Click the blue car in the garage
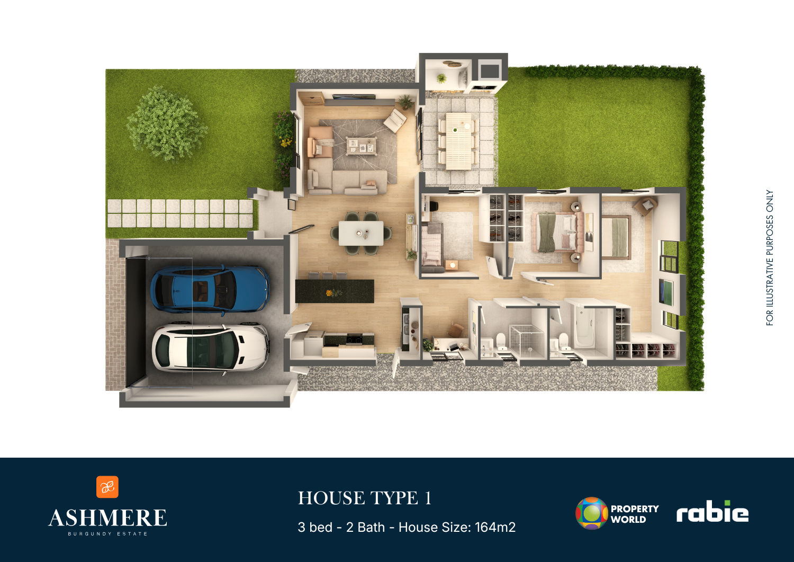point(210,290)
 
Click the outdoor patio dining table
point(458,141)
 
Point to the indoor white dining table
point(361,233)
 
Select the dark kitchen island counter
point(335,291)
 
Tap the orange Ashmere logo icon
point(107,487)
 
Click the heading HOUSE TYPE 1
point(365,498)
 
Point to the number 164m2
point(495,527)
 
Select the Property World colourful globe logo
point(592,513)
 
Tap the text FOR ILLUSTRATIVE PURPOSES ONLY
point(770,257)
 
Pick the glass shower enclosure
point(527,341)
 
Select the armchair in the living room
point(395,120)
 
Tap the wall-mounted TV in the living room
point(354,96)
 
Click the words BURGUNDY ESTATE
point(108,533)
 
